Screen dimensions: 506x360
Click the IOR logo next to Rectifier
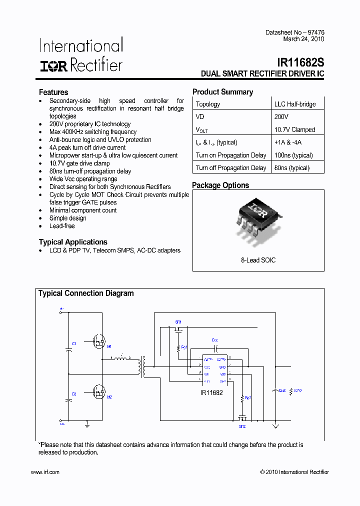click(53, 66)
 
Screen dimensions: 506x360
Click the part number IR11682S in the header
click(300, 63)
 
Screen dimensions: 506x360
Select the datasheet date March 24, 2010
click(303, 39)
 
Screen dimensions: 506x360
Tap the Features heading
click(53, 92)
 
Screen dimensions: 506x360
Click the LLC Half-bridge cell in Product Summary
click(294, 104)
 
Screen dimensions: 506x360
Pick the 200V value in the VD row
click(281, 116)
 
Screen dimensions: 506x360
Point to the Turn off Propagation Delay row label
click(230, 168)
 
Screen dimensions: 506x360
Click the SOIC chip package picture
click(257, 219)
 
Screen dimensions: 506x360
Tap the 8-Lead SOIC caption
click(258, 260)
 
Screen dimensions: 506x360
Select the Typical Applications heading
click(73, 242)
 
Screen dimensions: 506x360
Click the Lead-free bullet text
click(62, 226)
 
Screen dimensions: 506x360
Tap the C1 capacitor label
click(73, 344)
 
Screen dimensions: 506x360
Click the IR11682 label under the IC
click(211, 393)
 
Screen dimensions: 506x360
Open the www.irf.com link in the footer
click(45, 472)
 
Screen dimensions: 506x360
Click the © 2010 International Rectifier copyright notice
click(294, 472)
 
